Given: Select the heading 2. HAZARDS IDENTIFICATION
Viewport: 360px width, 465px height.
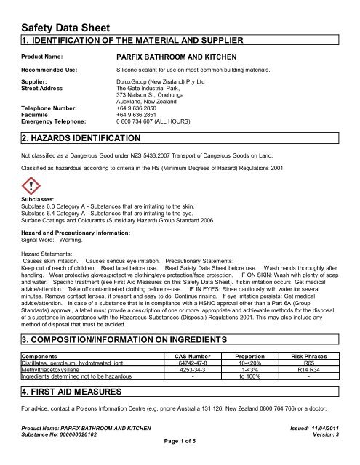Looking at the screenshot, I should pos(81,137).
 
